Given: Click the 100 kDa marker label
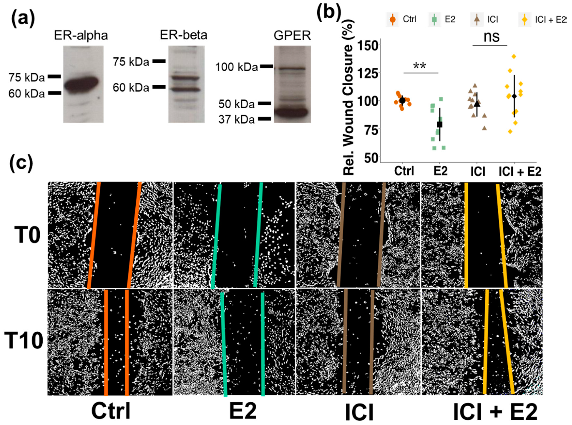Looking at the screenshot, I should (236, 67).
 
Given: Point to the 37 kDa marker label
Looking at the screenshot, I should (236, 120).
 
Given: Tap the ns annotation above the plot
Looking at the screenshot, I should (491, 37).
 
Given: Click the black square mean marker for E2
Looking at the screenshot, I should (439, 124).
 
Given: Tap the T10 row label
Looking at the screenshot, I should (24, 341).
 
